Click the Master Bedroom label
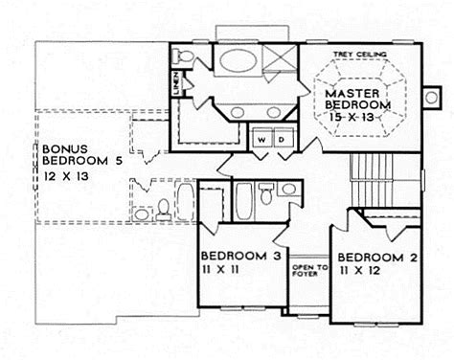point(357,99)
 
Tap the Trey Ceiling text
point(360,55)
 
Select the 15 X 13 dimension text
point(352,117)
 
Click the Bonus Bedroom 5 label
point(82,155)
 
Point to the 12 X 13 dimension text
point(66,176)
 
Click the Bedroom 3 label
point(241,256)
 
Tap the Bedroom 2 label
point(377,258)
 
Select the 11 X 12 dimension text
point(360,271)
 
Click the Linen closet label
point(176,83)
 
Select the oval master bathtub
point(238,61)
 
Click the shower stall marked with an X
point(280,56)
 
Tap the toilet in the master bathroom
point(183,56)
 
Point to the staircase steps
point(372,180)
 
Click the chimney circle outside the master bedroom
point(432,97)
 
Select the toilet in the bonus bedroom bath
point(164,210)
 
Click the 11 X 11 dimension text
point(220,270)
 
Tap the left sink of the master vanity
point(238,112)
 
